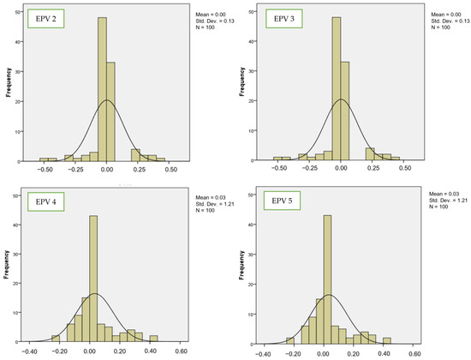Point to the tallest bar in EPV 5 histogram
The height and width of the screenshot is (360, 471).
[327, 283]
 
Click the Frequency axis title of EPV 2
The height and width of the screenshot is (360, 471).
[9, 87]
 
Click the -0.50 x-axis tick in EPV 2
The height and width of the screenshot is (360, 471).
[44, 171]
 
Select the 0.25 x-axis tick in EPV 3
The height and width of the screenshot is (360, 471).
[373, 171]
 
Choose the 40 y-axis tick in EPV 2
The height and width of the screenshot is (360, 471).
[22, 39]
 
